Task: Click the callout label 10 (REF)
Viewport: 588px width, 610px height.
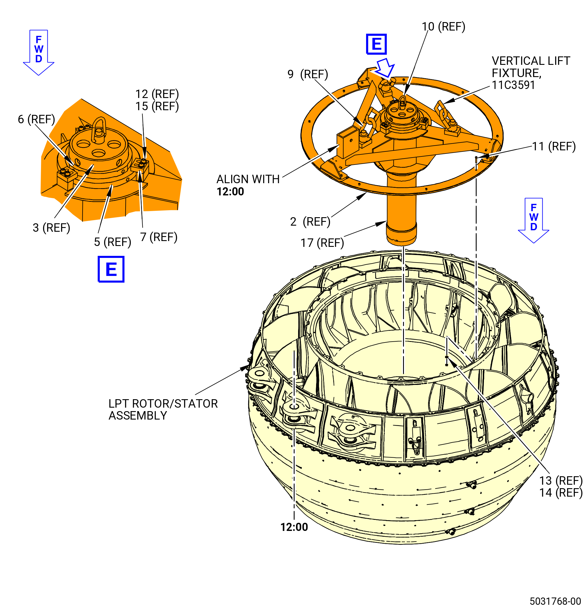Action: pyautogui.click(x=443, y=27)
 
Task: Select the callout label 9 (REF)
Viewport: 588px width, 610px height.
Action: pyautogui.click(x=308, y=74)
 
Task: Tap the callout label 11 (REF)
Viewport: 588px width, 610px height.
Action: pyautogui.click(x=554, y=146)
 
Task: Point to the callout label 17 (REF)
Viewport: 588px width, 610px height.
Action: pyautogui.click(x=322, y=243)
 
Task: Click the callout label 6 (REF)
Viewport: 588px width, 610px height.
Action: pyautogui.click(x=36, y=119)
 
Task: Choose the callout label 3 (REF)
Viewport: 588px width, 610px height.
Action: pyautogui.click(x=51, y=228)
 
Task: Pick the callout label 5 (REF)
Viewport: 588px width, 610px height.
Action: pyautogui.click(x=113, y=242)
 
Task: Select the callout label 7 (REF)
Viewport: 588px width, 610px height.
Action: pyautogui.click(x=159, y=237)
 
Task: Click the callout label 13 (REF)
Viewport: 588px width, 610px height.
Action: pyautogui.click(x=561, y=481)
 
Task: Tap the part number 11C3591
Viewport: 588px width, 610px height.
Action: pyautogui.click(x=513, y=85)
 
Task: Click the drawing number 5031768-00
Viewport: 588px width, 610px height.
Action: pyautogui.click(x=555, y=601)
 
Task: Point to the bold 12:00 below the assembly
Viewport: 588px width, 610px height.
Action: pyautogui.click(x=294, y=527)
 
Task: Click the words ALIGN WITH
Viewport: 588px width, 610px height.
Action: pyautogui.click(x=248, y=179)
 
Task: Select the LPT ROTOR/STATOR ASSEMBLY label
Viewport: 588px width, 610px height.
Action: pyautogui.click(x=163, y=410)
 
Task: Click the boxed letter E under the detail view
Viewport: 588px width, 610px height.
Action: pyautogui.click(x=111, y=269)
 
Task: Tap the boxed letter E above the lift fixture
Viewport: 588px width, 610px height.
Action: pyautogui.click(x=376, y=44)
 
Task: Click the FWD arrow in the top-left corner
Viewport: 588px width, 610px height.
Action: pyautogui.click(x=39, y=53)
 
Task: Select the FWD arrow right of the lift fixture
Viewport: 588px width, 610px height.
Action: pyautogui.click(x=534, y=220)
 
